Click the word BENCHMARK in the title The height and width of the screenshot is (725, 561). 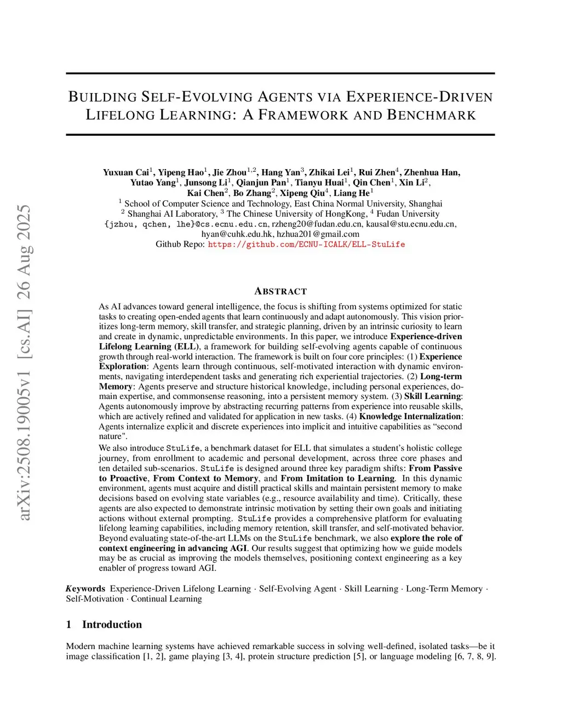pos(431,115)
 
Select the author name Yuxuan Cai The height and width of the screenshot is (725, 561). pos(126,172)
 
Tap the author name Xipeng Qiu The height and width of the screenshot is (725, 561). pos(302,193)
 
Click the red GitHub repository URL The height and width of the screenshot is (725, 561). pos(306,245)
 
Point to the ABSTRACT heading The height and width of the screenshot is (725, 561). pos(280,291)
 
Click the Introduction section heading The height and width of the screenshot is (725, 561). pos(112,624)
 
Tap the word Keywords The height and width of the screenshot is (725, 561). pos(85,589)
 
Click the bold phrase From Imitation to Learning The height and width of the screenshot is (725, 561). pos(337,478)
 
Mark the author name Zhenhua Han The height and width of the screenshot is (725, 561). pos(432,172)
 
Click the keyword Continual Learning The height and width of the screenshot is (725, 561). pos(166,599)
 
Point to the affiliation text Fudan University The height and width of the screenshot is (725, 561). pos(408,214)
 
